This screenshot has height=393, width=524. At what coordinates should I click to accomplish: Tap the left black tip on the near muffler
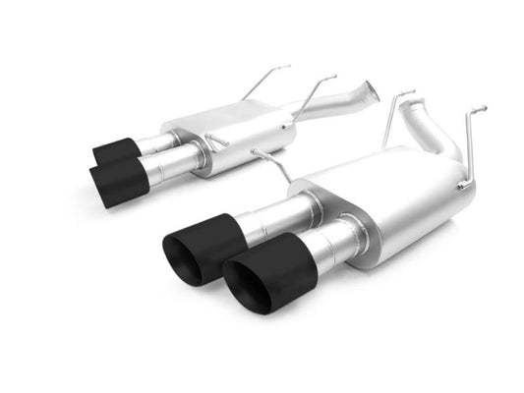pos(202,246)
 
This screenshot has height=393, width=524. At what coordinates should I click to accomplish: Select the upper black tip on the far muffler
pos(116,151)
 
